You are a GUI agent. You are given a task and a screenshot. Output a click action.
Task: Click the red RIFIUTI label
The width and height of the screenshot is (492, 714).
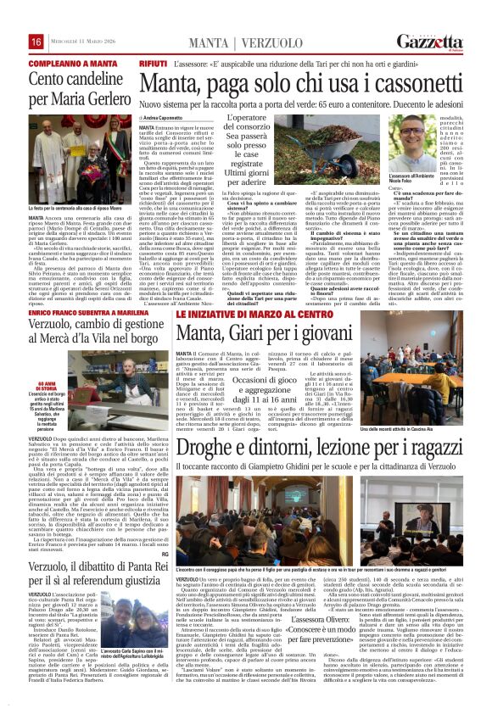pos(154,64)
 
